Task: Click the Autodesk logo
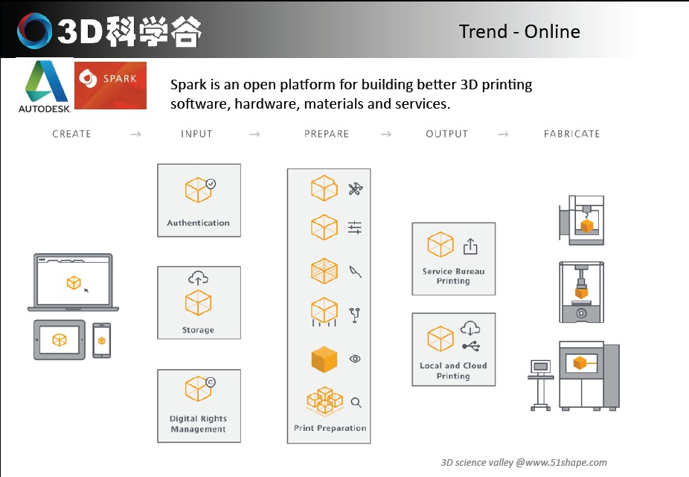pyautogui.click(x=44, y=86)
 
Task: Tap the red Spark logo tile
pyautogui.click(x=110, y=86)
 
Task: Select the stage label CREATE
pyautogui.click(x=71, y=134)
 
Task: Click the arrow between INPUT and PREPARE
pyautogui.click(x=254, y=134)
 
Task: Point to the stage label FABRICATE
pyautogui.click(x=571, y=134)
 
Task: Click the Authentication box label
pyautogui.click(x=198, y=223)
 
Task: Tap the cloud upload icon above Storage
pyautogui.click(x=198, y=278)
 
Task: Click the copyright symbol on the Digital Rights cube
pyautogui.click(x=211, y=382)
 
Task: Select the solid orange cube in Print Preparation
pyautogui.click(x=324, y=359)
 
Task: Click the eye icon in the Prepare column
pyautogui.click(x=355, y=359)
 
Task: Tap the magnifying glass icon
pyautogui.click(x=356, y=403)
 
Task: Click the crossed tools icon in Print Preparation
pyautogui.click(x=355, y=189)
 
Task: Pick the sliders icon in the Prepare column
pyautogui.click(x=355, y=227)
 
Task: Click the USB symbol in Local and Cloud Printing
pyautogui.click(x=471, y=347)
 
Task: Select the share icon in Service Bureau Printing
pyautogui.click(x=470, y=246)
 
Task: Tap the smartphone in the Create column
pyautogui.click(x=101, y=340)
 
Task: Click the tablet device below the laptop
pyautogui.click(x=60, y=340)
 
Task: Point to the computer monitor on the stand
pyautogui.click(x=540, y=367)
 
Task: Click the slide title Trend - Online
pyautogui.click(x=519, y=32)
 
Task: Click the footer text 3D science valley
pyautogui.click(x=477, y=463)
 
